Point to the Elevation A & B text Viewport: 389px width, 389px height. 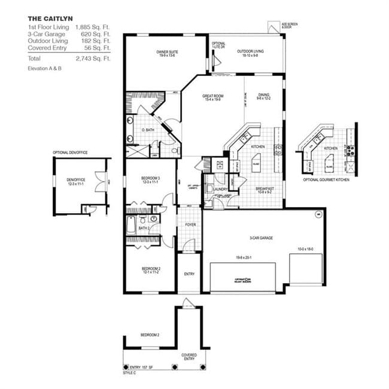coord(44,69)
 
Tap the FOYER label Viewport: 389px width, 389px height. coord(190,225)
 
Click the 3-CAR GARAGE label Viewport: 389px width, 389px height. coord(262,238)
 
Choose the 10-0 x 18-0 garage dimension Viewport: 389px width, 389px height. coord(306,248)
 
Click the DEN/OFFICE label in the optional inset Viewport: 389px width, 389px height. coord(75,179)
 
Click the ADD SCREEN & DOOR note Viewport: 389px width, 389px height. coord(289,26)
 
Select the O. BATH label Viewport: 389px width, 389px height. coord(148,130)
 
